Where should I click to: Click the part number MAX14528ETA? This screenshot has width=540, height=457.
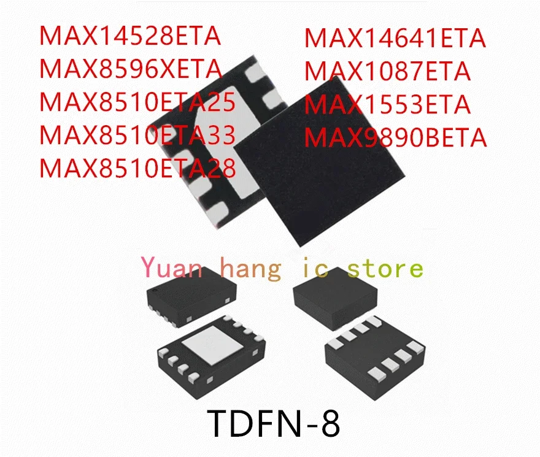[x=129, y=36]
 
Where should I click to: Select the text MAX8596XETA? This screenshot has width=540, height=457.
[x=130, y=69]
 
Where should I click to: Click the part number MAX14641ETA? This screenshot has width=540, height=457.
[x=395, y=39]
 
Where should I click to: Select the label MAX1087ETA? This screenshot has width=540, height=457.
[x=388, y=72]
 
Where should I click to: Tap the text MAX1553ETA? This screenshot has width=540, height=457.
[x=388, y=105]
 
